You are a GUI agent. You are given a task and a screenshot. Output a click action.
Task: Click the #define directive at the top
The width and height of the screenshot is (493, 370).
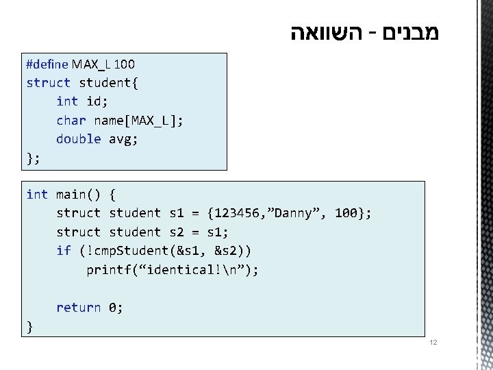coord(47,64)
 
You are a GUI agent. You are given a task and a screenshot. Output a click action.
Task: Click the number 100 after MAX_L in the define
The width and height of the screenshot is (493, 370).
coord(124,64)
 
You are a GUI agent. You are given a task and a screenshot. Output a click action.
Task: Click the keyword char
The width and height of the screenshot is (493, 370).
coord(71,121)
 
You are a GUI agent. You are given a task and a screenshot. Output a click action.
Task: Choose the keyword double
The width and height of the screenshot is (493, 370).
coord(78,139)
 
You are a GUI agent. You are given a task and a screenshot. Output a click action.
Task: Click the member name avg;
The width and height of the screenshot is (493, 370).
coord(124,139)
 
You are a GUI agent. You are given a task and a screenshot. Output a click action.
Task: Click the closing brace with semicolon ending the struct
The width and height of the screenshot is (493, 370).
coord(33,158)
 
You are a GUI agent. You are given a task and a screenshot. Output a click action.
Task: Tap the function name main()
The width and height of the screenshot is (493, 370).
coord(78,195)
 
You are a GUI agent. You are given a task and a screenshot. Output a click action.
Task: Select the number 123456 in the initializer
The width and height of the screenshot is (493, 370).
coord(237,213)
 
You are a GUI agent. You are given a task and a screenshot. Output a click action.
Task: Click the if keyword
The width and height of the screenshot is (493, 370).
coord(64,251)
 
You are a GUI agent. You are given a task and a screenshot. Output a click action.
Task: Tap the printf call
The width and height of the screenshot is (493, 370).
coord(108,270)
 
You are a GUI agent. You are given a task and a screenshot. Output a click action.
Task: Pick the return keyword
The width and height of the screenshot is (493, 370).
coord(78,308)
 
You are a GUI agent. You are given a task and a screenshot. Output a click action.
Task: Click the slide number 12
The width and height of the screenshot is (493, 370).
coord(432,342)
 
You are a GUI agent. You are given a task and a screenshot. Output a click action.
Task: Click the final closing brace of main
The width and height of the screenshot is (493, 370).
coord(29,326)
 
